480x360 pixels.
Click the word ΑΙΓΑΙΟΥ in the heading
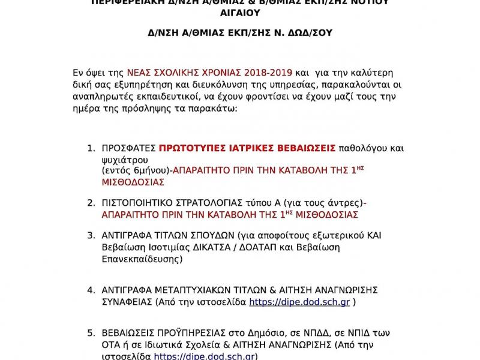239,13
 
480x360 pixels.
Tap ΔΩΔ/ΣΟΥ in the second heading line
305,33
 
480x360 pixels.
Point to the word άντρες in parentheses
345,203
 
